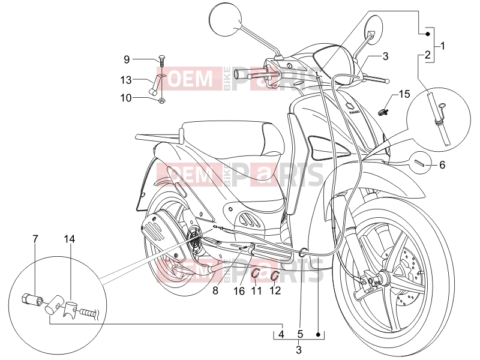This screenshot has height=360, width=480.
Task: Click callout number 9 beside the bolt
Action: pos(127,59)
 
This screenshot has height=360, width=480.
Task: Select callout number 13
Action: pos(126,80)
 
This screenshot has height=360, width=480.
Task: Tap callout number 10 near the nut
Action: pos(126,98)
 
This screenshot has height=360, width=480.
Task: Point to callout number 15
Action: pos(404,94)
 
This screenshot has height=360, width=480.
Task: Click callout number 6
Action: pos(442,165)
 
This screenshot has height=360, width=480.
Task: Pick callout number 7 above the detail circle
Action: pos(35,239)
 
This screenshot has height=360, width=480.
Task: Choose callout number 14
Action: pos(70,239)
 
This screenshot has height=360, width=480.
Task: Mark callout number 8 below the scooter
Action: pos(215,290)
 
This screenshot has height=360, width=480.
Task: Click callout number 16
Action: pos(239,290)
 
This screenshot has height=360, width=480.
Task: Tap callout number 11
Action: pos(256,290)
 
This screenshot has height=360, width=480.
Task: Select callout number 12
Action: pos(275,290)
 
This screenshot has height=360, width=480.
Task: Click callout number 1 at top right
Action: pos(442,46)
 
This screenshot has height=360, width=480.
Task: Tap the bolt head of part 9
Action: pos(161,56)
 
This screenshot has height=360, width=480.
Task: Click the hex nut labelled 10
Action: pos(161,100)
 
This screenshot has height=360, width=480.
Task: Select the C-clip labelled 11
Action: pos(256,272)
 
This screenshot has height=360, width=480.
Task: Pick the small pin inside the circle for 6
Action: pos(419,163)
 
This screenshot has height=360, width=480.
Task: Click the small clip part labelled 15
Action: pos(383,112)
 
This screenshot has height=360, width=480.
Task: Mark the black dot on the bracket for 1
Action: pos(428,34)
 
